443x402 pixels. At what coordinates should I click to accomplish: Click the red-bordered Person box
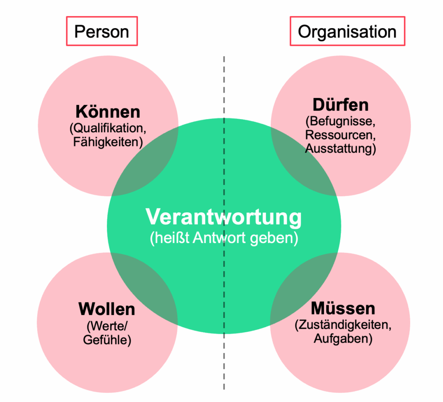pyautogui.click(x=102, y=31)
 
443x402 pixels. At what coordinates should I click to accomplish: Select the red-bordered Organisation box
pyautogui.click(x=347, y=31)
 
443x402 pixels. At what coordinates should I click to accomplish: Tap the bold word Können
pyautogui.click(x=108, y=112)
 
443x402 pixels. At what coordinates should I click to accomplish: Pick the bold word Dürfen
pyautogui.click(x=341, y=105)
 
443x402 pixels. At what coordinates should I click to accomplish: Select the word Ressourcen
pyautogui.click(x=340, y=135)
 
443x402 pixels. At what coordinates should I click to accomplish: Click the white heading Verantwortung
pyautogui.click(x=224, y=217)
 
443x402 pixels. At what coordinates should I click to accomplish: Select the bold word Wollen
pyautogui.click(x=107, y=309)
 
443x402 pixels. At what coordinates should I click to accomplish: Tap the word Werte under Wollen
pyautogui.click(x=107, y=327)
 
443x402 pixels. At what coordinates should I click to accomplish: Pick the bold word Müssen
pyautogui.click(x=343, y=308)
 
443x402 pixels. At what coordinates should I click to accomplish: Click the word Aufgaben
pyautogui.click(x=343, y=339)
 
